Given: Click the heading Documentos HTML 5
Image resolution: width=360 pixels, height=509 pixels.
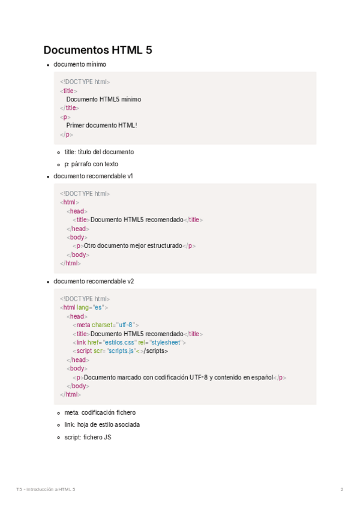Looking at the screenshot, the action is [x=98, y=50].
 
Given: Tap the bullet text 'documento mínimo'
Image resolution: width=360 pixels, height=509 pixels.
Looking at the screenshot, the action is [x=80, y=64].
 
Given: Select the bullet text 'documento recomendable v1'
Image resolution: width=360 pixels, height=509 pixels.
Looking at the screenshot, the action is [x=93, y=176].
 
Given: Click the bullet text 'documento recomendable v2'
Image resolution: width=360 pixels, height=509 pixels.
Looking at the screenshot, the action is [x=93, y=282].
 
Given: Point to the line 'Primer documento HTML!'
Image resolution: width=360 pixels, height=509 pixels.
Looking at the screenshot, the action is [x=101, y=125].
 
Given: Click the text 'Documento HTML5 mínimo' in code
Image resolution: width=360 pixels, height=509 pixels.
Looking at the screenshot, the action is [x=103, y=100].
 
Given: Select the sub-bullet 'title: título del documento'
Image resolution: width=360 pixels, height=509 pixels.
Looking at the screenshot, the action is [x=99, y=152].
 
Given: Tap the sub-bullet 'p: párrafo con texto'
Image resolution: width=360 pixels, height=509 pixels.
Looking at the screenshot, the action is [x=91, y=164].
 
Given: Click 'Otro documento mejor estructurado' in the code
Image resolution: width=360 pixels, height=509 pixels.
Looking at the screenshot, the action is [x=133, y=245].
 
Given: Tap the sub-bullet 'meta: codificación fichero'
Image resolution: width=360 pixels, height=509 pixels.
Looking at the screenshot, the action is [x=100, y=413].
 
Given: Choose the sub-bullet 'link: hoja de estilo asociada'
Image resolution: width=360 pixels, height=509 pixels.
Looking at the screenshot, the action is [x=102, y=425].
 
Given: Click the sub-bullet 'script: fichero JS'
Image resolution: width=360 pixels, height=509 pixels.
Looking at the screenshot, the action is [x=88, y=438].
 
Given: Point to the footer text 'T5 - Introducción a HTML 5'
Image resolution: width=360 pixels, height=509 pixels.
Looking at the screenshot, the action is [x=46, y=490].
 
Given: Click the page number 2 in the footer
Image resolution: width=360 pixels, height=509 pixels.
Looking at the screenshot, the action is [x=342, y=490].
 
